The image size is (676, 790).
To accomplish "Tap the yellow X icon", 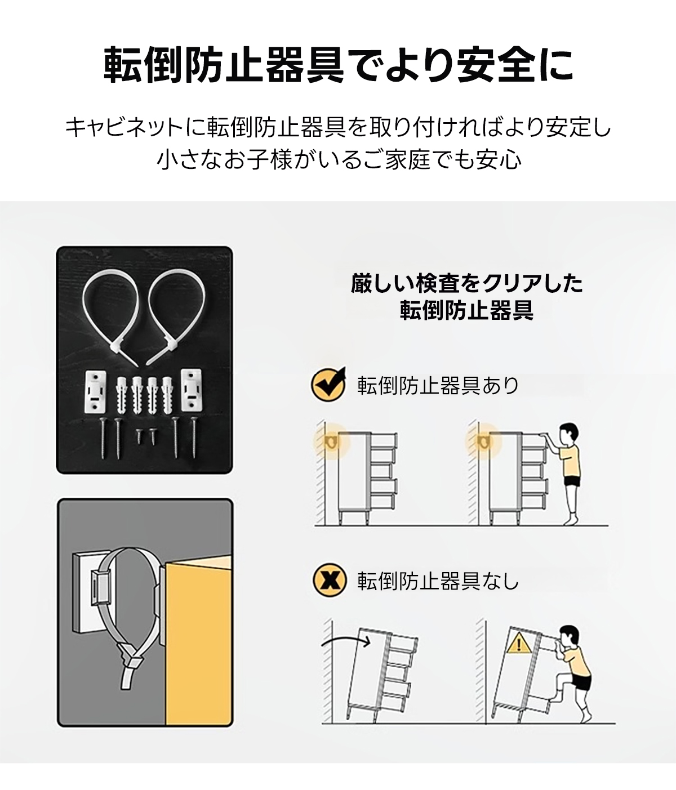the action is pos(330,592).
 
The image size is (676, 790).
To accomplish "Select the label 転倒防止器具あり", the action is pos(438,385).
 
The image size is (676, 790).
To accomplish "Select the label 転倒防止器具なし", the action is pos(438,592).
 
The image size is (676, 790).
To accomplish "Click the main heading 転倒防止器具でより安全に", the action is pos(339,65).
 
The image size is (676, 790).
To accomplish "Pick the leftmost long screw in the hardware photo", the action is pos(103,438).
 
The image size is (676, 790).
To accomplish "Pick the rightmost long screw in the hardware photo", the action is pos(194,438).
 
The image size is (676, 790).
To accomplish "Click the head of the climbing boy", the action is pos(568,637).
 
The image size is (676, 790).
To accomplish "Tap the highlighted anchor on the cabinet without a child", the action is pos(331,442).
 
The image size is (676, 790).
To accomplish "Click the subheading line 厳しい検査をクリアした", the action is pos(466,284).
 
